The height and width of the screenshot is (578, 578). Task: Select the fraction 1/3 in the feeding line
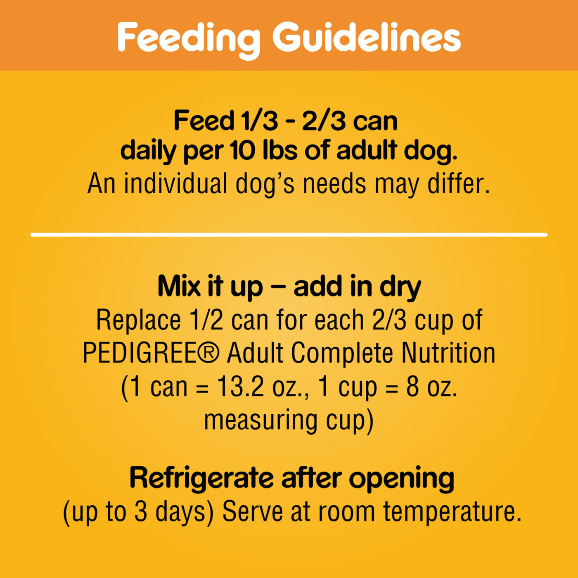pos(261,121)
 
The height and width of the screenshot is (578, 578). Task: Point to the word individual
pos(175,184)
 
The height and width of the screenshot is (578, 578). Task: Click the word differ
pos(459,184)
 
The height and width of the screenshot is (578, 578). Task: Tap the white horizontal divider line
pos(289,235)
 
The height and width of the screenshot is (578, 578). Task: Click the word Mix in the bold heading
pos(179,287)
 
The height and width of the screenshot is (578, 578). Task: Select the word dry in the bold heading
pos(400,289)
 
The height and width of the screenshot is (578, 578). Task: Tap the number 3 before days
pos(141,512)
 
